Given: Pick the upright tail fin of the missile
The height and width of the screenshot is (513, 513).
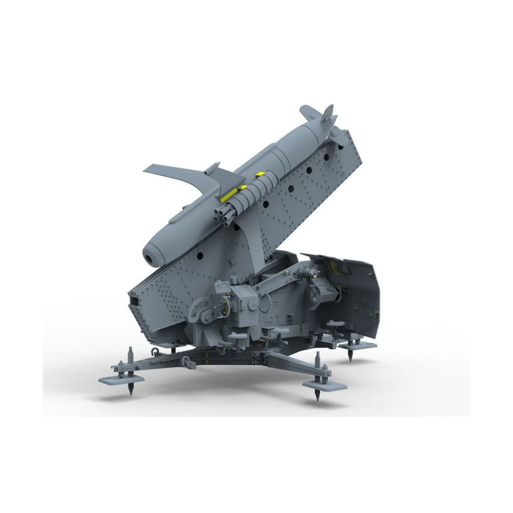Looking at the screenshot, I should click(327, 114).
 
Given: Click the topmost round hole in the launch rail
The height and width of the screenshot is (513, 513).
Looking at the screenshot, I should click(341, 147).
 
